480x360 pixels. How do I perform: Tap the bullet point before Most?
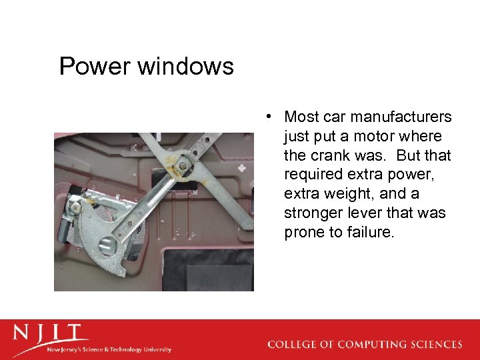pyautogui.click(x=267, y=117)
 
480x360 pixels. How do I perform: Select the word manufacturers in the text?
pyautogui.click(x=401, y=117)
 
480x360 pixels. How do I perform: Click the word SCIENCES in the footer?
pyautogui.click(x=437, y=345)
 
